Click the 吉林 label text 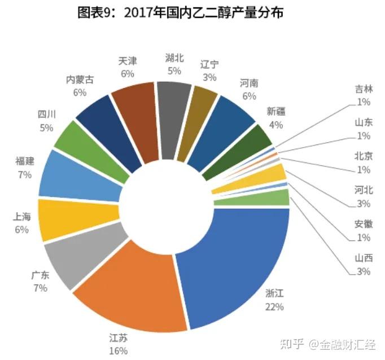[x=364, y=90]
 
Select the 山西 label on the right [x=364, y=259]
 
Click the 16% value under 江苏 [x=119, y=350]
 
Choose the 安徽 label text [x=364, y=225]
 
